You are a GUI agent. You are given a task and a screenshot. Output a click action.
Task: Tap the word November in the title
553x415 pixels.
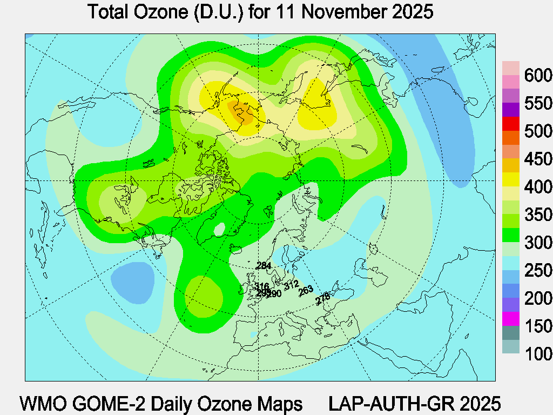point(340,12)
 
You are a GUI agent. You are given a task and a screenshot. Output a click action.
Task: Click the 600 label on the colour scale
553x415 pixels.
point(538,75)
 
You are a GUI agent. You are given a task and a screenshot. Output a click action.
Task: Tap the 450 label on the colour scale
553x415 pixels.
point(538,159)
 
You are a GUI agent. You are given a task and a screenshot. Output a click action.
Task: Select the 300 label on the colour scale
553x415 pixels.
point(538,243)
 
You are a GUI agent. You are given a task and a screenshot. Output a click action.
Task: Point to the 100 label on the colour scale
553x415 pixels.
point(538,354)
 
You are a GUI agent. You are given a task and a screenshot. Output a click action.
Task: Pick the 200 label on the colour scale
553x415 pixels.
point(538,298)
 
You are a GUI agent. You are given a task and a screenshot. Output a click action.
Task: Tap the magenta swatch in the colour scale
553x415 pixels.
point(511,319)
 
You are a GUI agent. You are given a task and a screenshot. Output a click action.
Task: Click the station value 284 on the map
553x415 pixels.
point(264,266)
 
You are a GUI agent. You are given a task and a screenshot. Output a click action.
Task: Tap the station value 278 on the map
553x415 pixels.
point(322,297)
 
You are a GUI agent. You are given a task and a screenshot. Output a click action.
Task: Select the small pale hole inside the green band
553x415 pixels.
point(219,230)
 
